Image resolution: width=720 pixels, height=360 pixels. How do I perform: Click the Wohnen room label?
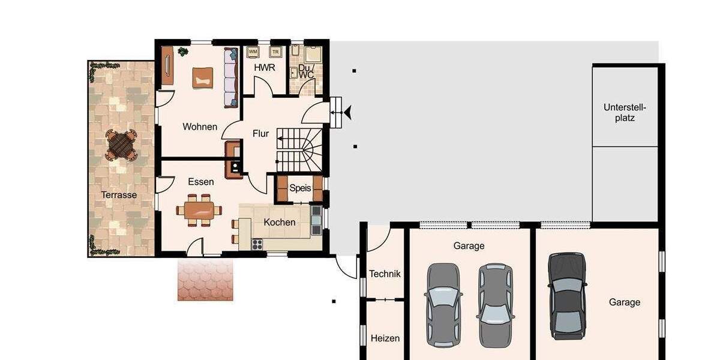coord(200,127)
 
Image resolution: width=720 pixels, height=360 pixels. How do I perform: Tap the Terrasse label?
coord(119,195)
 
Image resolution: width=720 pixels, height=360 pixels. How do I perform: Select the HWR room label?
coord(265,68)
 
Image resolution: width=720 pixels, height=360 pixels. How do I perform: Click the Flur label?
coord(260,134)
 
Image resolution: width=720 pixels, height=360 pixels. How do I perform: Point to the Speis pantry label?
coord(300,188)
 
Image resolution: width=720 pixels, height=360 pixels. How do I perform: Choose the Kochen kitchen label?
coord(280,222)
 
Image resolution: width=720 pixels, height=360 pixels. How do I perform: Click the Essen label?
coord(200,182)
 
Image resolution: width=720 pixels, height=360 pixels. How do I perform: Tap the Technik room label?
coord(385,274)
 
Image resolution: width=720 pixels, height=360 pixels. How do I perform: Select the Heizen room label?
coord(385,338)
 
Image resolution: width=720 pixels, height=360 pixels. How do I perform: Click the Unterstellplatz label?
coord(625,113)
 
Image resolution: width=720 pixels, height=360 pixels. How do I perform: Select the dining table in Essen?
coord(199,211)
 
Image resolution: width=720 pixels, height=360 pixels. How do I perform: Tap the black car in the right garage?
coord(567,296)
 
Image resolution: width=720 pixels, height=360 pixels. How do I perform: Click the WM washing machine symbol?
coord(253,52)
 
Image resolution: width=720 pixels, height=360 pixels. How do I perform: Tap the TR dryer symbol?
coord(276,52)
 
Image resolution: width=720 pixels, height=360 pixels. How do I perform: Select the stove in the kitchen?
coord(257,244)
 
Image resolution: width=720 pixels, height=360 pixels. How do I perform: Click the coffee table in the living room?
coord(202,77)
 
